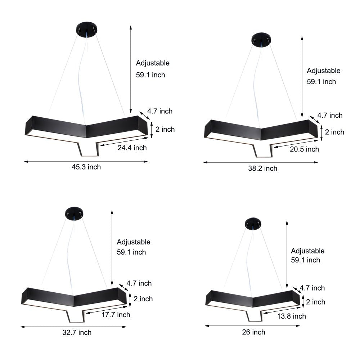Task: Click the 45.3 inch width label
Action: pos(86,167)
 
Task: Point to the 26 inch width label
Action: pos(253,332)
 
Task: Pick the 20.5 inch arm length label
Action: pos(304,149)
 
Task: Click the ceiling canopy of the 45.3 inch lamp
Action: pos(86,29)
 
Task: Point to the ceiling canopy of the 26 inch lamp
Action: pos(253,223)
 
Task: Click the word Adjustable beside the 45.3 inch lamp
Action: pos(153,63)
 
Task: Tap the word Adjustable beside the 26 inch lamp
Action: pos(307,251)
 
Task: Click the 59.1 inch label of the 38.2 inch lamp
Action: pos(321,81)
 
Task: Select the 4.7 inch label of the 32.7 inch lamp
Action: pos(140,283)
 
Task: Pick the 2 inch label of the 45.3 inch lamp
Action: pos(165,129)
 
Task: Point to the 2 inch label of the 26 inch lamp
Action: pos(315,302)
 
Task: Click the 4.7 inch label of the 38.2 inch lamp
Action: pos(330,115)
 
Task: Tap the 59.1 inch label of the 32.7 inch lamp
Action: pos(131,252)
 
